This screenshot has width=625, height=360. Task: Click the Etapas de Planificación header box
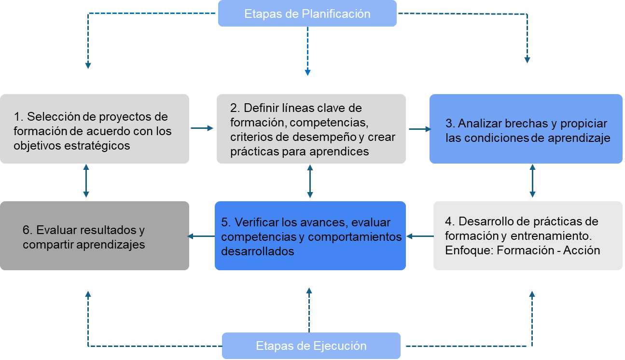(307, 14)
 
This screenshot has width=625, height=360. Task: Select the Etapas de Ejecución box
(311, 346)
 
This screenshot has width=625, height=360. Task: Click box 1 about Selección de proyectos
(94, 129)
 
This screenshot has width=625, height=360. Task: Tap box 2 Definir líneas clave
(311, 129)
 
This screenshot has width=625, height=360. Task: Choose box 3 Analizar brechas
(526, 129)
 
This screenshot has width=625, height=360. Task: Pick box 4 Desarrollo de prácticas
(528, 235)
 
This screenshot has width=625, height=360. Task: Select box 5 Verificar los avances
(310, 235)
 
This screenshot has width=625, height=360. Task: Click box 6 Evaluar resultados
(94, 235)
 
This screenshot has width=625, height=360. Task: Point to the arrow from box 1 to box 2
(202, 128)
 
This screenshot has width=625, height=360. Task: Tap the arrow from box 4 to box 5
(420, 236)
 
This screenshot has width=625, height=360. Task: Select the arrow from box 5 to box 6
(202, 236)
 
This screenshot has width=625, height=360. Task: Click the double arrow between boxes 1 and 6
(86, 181)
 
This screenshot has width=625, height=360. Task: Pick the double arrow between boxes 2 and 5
(309, 181)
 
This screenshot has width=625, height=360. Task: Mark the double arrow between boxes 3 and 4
(532, 181)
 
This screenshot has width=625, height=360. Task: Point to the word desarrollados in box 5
(258, 251)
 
